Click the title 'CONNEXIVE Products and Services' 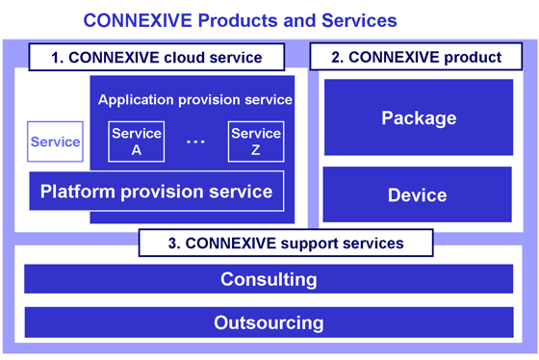240,19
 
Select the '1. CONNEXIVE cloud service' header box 157,57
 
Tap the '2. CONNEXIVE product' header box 417,57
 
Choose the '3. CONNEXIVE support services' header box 270,243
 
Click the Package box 418,118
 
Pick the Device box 418,195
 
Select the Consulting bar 269,280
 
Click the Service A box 136,141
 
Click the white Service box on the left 56,142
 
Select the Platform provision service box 157,191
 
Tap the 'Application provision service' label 195,100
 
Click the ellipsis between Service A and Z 195,142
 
